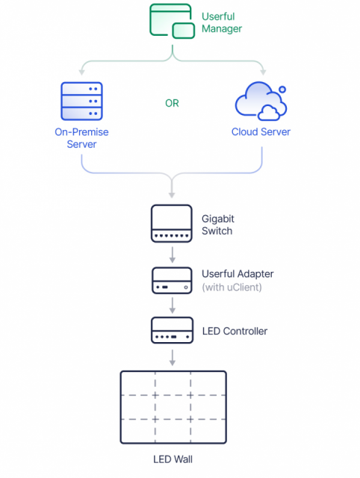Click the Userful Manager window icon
pyautogui.click(x=172, y=21)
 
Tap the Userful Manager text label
pyautogui.click(x=222, y=22)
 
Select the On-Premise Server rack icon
pyautogui.click(x=81, y=101)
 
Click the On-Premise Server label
pyautogui.click(x=81, y=137)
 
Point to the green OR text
pyautogui.click(x=172, y=103)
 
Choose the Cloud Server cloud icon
pyautogui.click(x=261, y=101)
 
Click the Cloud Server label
pyautogui.click(x=261, y=131)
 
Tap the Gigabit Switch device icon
pyautogui.click(x=172, y=223)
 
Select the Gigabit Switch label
pyautogui.click(x=218, y=225)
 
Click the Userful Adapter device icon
pyautogui.click(x=172, y=281)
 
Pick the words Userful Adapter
pyautogui.click(x=238, y=274)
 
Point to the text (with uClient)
pyautogui.click(x=232, y=287)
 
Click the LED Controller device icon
pyautogui.click(x=173, y=330)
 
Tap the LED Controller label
pyautogui.click(x=235, y=331)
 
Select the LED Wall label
pyautogui.click(x=173, y=459)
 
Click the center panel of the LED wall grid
pyautogui.click(x=173, y=407)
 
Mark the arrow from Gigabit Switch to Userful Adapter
pyautogui.click(x=173, y=255)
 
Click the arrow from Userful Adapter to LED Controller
pyautogui.click(x=173, y=305)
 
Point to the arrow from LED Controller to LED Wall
pyautogui.click(x=173, y=358)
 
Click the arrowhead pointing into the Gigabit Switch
pyautogui.click(x=172, y=195)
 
